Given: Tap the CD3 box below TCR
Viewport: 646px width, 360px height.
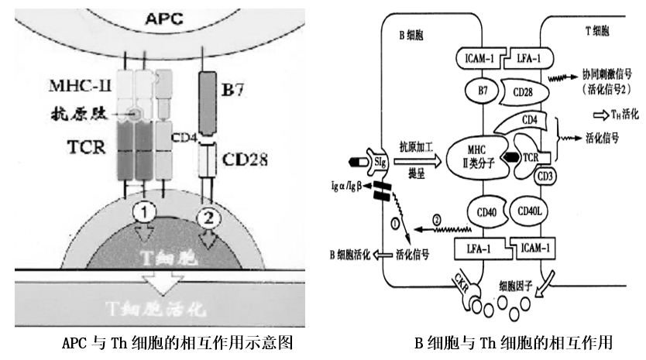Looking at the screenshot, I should pyautogui.click(x=545, y=176).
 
